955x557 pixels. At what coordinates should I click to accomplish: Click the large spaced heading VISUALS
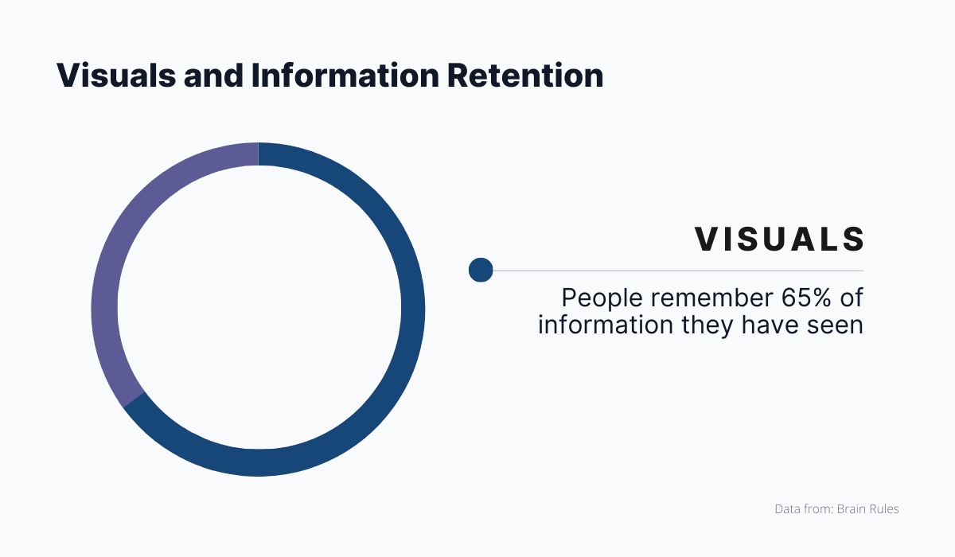point(780,240)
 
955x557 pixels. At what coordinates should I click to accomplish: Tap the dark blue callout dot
point(481,271)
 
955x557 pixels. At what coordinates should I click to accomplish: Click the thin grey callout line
point(676,271)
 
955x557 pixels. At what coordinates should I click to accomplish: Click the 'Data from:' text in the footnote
point(803,508)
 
